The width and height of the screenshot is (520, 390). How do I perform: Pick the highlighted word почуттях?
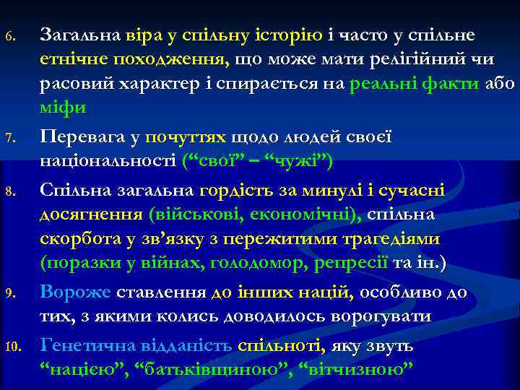186,136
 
